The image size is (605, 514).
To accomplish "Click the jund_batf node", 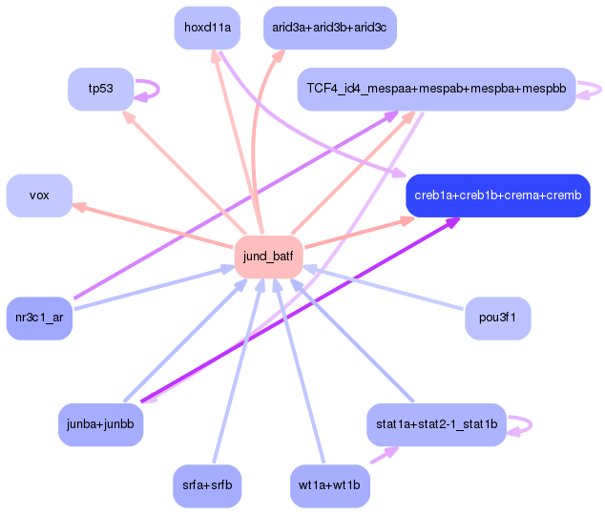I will coord(269,256).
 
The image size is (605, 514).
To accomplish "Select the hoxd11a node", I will coord(207,28).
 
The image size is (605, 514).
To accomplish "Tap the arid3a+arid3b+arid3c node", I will coord(329,28).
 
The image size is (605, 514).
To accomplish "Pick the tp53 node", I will coord(100,89).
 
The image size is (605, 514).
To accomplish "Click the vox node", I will coord(39,195).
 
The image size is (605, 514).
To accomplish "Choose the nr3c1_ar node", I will coord(39,318).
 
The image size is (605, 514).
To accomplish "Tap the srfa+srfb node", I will coord(207,485).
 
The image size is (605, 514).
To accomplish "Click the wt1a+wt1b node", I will coord(329,485).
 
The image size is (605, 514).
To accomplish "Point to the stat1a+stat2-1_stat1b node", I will coord(435,423).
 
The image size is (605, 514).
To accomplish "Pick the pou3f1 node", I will coord(497,318).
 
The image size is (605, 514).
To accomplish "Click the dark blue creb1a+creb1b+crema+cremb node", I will coord(497,195).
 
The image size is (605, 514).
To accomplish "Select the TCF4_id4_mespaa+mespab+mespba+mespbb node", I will coord(436,89).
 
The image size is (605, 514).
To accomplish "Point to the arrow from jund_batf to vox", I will coord(153,225).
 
